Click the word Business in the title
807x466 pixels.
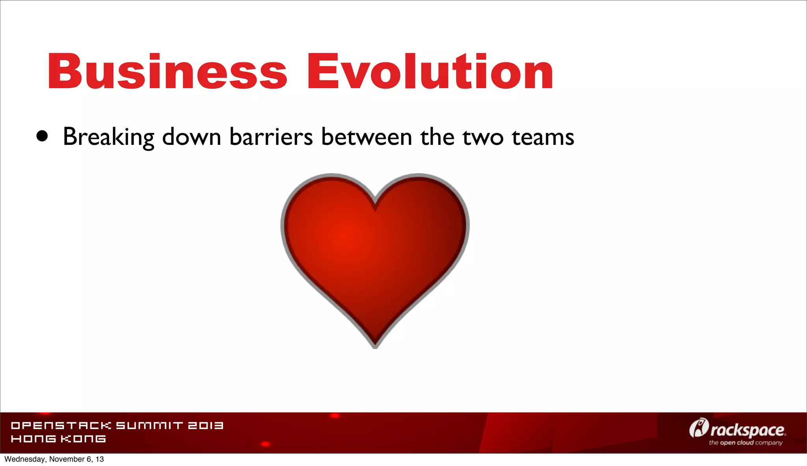(167, 72)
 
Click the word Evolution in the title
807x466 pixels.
(430, 72)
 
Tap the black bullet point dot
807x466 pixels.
(42, 136)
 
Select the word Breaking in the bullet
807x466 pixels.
(108, 137)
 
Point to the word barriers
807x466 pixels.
(271, 137)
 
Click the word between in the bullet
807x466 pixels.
(366, 137)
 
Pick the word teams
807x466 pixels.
(543, 137)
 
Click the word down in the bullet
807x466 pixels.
(192, 137)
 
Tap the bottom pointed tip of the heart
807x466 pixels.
(375, 346)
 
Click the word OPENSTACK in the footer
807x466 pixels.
(61, 425)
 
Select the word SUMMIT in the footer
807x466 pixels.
(150, 425)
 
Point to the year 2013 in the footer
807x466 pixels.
(206, 425)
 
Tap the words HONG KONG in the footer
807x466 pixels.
(58, 439)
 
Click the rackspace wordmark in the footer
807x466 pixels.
(747, 430)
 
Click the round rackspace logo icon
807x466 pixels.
(699, 428)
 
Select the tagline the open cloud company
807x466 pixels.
(746, 443)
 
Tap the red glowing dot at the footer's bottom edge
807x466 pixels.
(266, 444)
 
